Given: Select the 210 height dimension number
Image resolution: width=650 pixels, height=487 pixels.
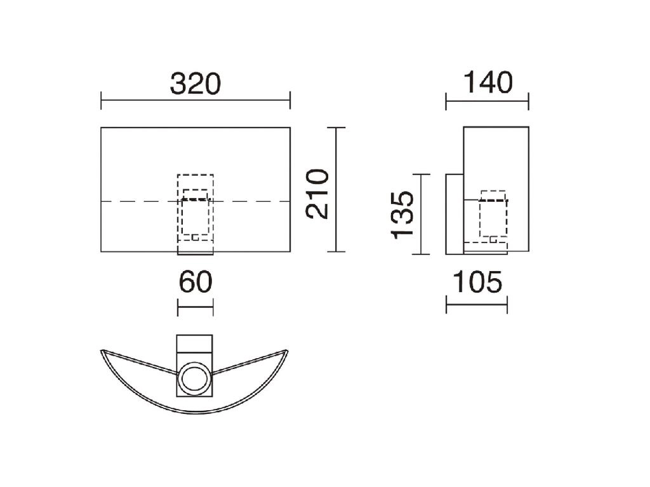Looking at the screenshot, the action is point(317,194).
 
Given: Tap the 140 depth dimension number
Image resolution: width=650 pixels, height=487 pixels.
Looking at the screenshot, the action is point(487,83).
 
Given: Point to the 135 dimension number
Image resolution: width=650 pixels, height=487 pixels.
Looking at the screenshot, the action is point(402,215).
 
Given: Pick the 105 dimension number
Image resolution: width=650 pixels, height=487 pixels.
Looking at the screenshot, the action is point(477,282).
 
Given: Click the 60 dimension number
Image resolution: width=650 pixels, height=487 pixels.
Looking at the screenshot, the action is point(196,282).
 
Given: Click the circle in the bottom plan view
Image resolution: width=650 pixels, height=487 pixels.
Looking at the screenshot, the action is point(194,377).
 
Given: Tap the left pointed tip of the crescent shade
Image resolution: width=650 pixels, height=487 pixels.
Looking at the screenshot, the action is point(101,351).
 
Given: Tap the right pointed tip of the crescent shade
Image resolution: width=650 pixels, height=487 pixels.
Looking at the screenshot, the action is point(288,350).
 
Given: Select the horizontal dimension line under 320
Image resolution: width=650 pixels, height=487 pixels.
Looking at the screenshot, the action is point(196,100).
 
